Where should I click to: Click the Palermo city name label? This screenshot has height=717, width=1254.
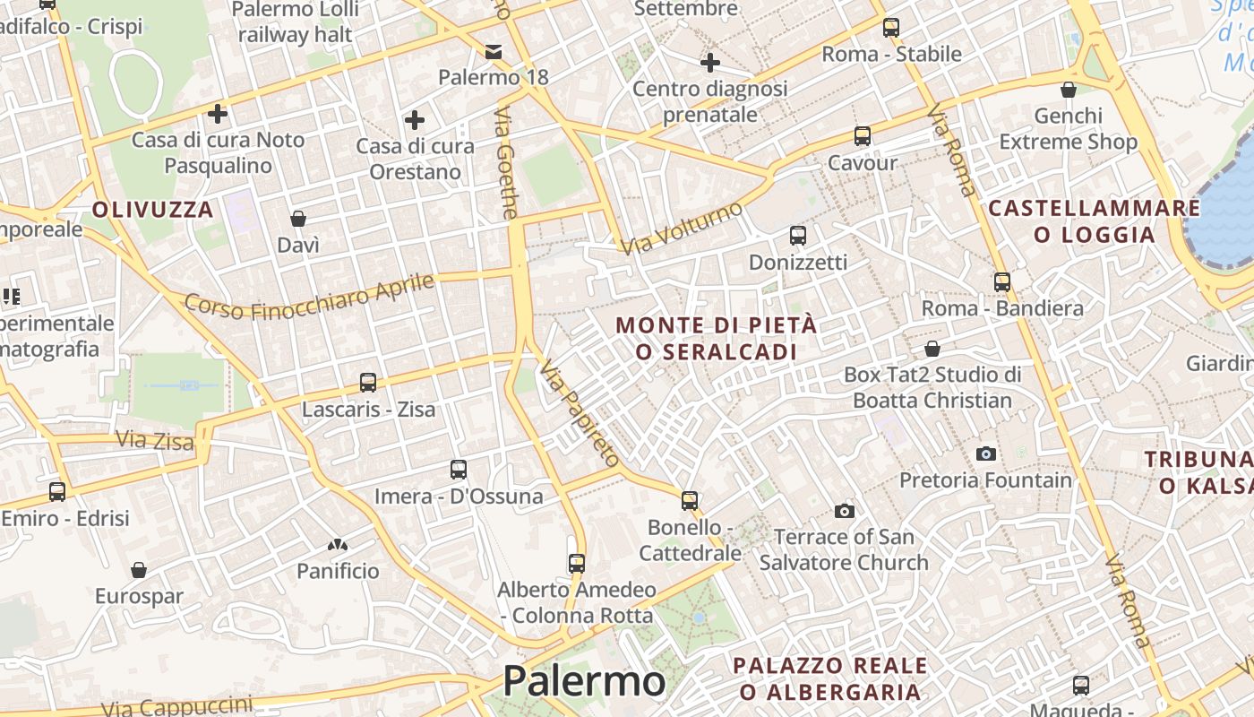(x=584, y=681)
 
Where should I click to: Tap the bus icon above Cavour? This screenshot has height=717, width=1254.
(x=862, y=136)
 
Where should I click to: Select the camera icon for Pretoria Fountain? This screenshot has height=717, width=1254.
(x=986, y=454)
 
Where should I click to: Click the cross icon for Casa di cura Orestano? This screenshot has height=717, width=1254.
(x=415, y=120)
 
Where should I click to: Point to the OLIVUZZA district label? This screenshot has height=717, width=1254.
(x=153, y=210)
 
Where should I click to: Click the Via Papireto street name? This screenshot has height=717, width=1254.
(x=580, y=413)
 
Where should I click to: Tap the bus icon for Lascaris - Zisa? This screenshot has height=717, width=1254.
(x=368, y=383)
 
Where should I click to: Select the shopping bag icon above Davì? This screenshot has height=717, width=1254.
(x=298, y=219)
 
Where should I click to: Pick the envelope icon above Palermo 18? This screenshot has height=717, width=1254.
(x=493, y=51)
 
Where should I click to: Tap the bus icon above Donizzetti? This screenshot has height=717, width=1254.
(x=797, y=236)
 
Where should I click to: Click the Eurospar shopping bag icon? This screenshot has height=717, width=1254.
(x=139, y=570)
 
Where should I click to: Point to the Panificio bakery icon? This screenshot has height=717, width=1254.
(x=338, y=544)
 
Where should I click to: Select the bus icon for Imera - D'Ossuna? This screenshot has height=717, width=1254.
(x=459, y=470)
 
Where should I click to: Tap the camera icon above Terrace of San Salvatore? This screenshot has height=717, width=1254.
(x=844, y=511)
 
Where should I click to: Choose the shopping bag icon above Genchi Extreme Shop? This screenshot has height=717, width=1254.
(x=1068, y=90)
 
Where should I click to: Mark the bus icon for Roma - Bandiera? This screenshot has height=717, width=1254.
(x=1002, y=282)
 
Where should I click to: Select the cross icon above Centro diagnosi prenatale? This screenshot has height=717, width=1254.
(x=710, y=63)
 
